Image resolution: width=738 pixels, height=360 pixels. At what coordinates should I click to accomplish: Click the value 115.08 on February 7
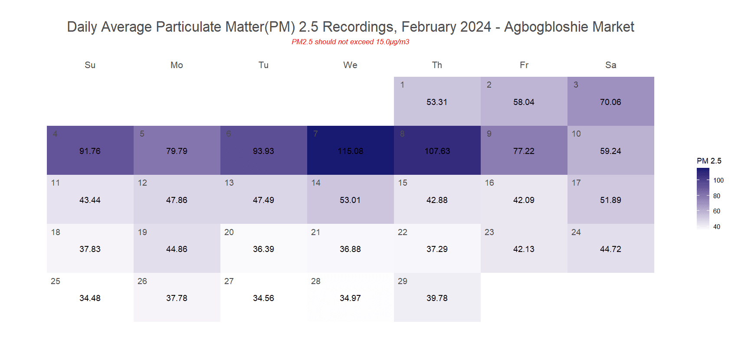(x=351, y=151)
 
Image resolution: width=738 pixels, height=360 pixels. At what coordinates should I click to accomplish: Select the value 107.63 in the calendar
(x=437, y=151)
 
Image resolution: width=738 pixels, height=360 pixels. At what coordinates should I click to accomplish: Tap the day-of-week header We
(x=351, y=65)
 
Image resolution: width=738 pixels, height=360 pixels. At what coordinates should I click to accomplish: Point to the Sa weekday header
(x=611, y=65)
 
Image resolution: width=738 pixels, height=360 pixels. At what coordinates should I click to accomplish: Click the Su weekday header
(x=90, y=65)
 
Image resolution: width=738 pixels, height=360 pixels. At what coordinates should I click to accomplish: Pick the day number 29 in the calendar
(x=403, y=281)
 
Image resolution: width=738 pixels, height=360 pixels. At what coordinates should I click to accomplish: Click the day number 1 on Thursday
(x=403, y=85)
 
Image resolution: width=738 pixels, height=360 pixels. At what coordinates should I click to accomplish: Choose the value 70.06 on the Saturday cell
(x=610, y=102)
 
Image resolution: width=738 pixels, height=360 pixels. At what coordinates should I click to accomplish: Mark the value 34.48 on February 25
(x=90, y=298)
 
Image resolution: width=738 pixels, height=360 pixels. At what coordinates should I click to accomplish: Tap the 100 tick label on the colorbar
(x=718, y=180)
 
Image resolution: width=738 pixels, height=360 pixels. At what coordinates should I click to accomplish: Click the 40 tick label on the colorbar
(x=717, y=227)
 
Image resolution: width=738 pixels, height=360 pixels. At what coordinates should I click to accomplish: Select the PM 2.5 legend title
(x=709, y=161)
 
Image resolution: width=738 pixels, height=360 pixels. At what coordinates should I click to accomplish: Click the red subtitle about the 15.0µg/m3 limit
(x=351, y=42)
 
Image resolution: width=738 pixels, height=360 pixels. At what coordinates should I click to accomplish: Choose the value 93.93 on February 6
(x=264, y=151)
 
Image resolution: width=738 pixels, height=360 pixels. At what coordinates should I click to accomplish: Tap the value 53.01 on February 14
(x=350, y=200)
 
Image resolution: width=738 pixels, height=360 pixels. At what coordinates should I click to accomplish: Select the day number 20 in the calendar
(x=229, y=232)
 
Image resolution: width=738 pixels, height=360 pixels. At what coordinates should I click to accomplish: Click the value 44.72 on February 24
(x=610, y=249)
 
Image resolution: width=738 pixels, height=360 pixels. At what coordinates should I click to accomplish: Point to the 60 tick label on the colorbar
(x=717, y=211)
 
